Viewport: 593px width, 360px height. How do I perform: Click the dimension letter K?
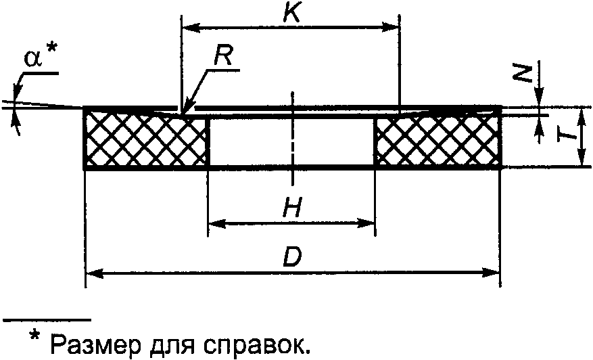tap(292, 14)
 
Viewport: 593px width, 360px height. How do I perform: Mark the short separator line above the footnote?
tap(47, 319)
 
